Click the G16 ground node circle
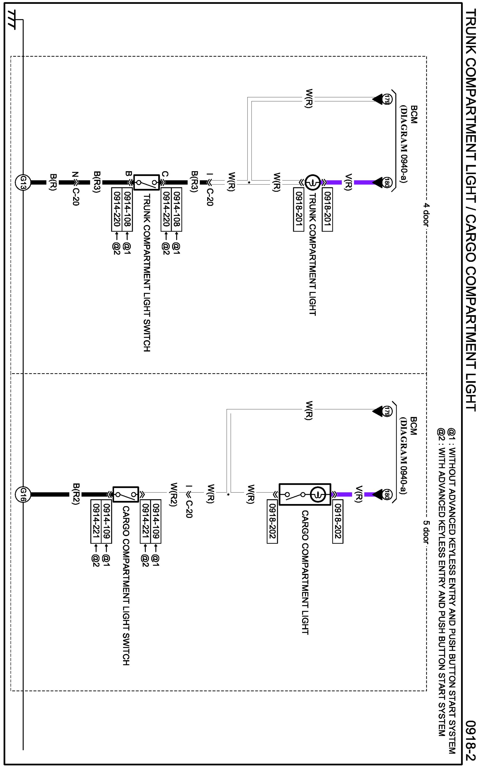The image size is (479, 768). (x=23, y=495)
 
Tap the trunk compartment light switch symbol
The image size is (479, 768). (x=146, y=182)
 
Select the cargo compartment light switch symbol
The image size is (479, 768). (x=126, y=495)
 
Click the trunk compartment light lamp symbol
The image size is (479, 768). (x=313, y=182)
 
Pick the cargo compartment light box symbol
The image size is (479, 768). (x=305, y=495)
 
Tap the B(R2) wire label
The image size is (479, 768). (x=76, y=494)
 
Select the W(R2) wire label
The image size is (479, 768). (x=173, y=494)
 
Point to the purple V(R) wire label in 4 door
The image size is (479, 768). (x=348, y=182)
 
